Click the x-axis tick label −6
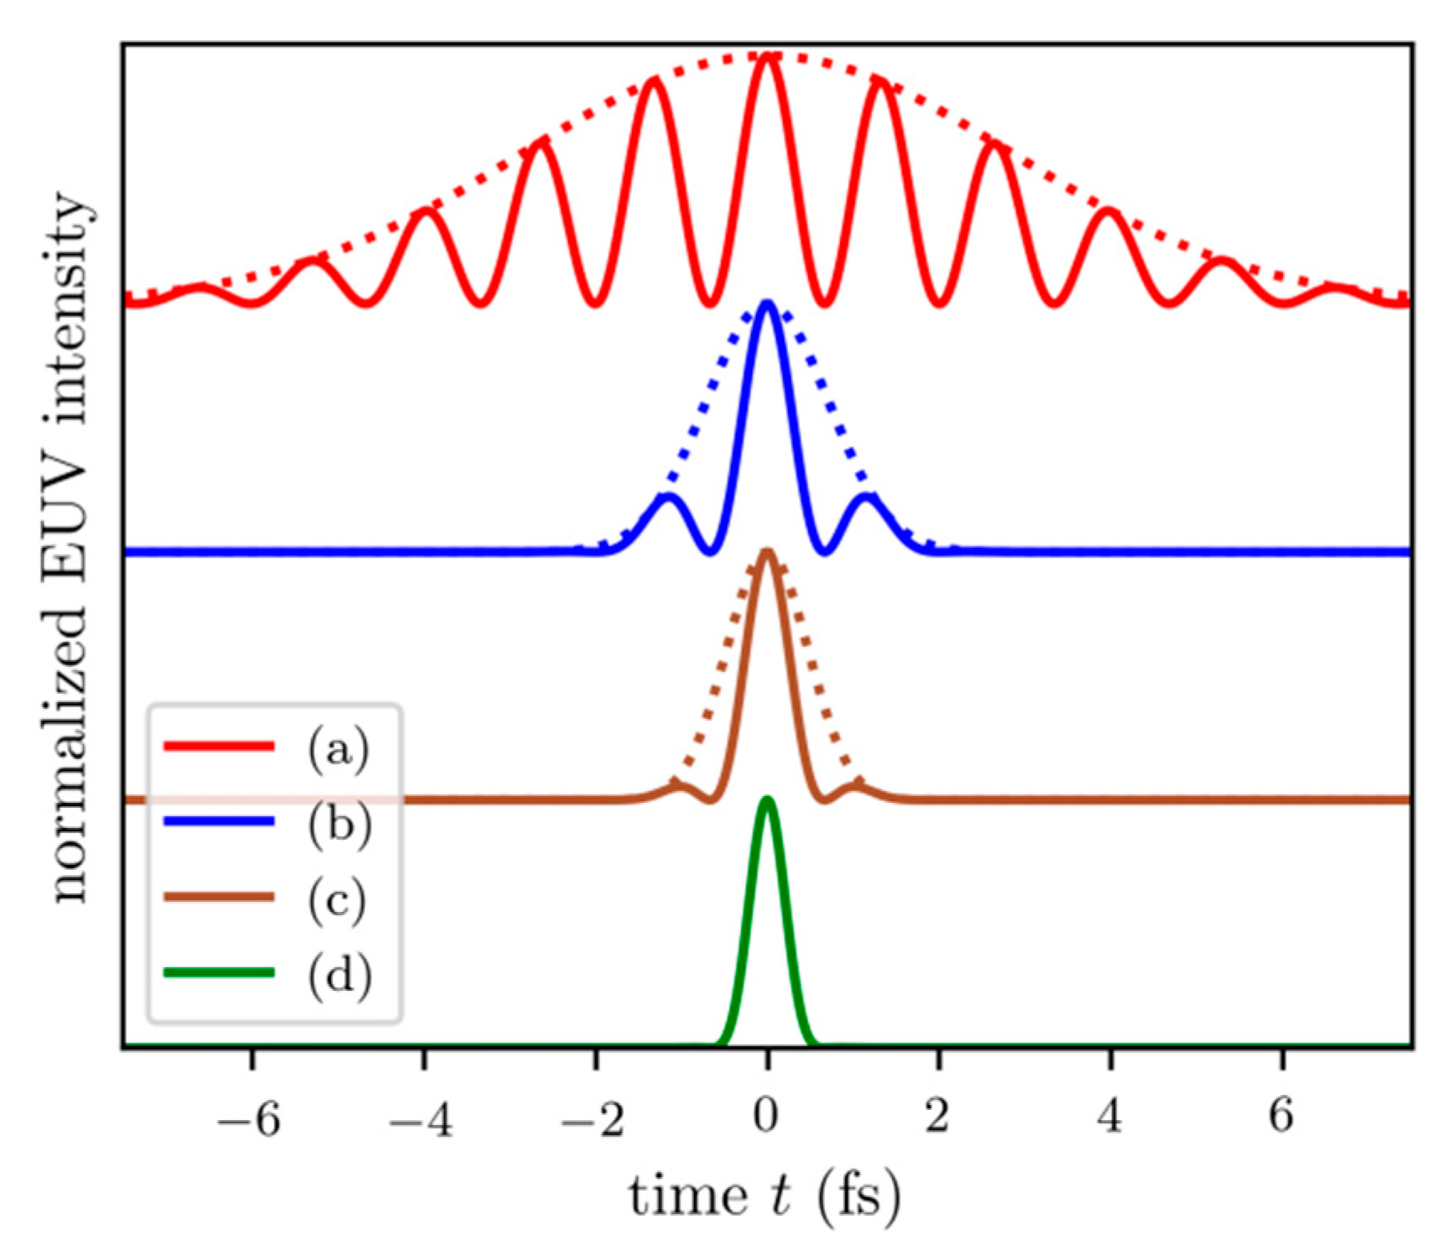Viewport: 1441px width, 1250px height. (249, 1118)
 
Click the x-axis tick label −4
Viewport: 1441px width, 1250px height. (421, 1118)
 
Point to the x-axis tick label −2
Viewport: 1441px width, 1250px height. (593, 1118)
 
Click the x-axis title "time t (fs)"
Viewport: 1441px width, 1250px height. (765, 1196)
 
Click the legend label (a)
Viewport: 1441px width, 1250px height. (337, 749)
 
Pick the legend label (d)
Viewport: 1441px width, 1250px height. (338, 975)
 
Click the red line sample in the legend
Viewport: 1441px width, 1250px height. (219, 746)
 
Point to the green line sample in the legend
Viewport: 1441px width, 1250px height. (219, 972)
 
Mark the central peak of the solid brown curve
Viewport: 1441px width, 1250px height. (766, 551)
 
